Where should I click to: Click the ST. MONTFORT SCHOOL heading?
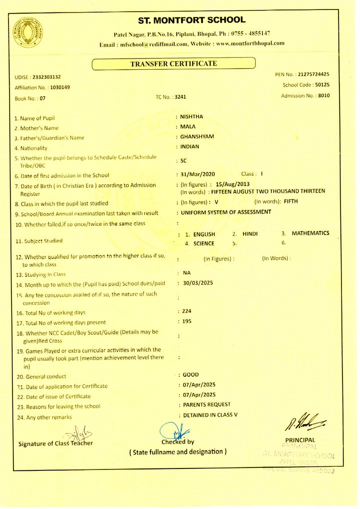(x=193, y=20)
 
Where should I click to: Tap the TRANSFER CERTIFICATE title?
(x=173, y=64)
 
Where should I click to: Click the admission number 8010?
(x=323, y=95)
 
